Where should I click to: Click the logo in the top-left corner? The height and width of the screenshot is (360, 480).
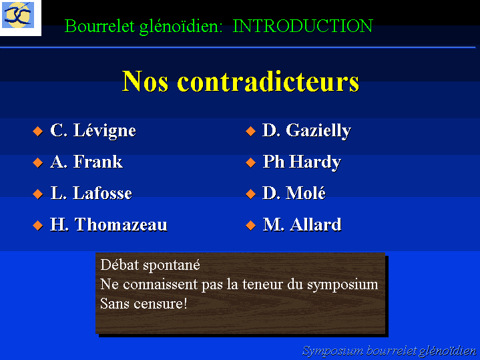pos(18,15)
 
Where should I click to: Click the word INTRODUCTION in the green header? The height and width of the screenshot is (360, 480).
pos(303,26)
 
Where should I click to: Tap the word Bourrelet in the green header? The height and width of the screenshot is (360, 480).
pos(99,26)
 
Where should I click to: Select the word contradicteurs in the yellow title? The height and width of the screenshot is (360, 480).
pos(268,81)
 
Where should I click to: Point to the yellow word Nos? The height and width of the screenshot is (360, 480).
pos(145,81)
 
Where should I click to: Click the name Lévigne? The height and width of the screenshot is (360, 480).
pos(104,131)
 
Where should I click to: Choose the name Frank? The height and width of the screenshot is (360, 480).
pos(97,162)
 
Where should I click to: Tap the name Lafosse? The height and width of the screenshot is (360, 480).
pos(102,193)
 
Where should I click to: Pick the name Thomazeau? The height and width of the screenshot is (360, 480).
pos(121,224)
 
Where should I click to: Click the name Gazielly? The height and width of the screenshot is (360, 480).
pos(318,131)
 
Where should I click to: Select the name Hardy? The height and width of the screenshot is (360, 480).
pos(315,162)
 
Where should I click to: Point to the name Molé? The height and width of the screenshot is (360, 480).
pos(306,193)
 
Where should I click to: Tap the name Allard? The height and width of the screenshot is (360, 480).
pos(315,224)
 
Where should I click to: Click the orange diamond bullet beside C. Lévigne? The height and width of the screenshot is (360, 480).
pos(37,131)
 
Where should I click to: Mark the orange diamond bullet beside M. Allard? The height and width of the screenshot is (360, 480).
pos(251,226)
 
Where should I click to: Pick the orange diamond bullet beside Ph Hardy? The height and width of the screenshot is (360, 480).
pos(251,162)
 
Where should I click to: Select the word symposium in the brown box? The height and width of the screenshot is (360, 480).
pos(342,285)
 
